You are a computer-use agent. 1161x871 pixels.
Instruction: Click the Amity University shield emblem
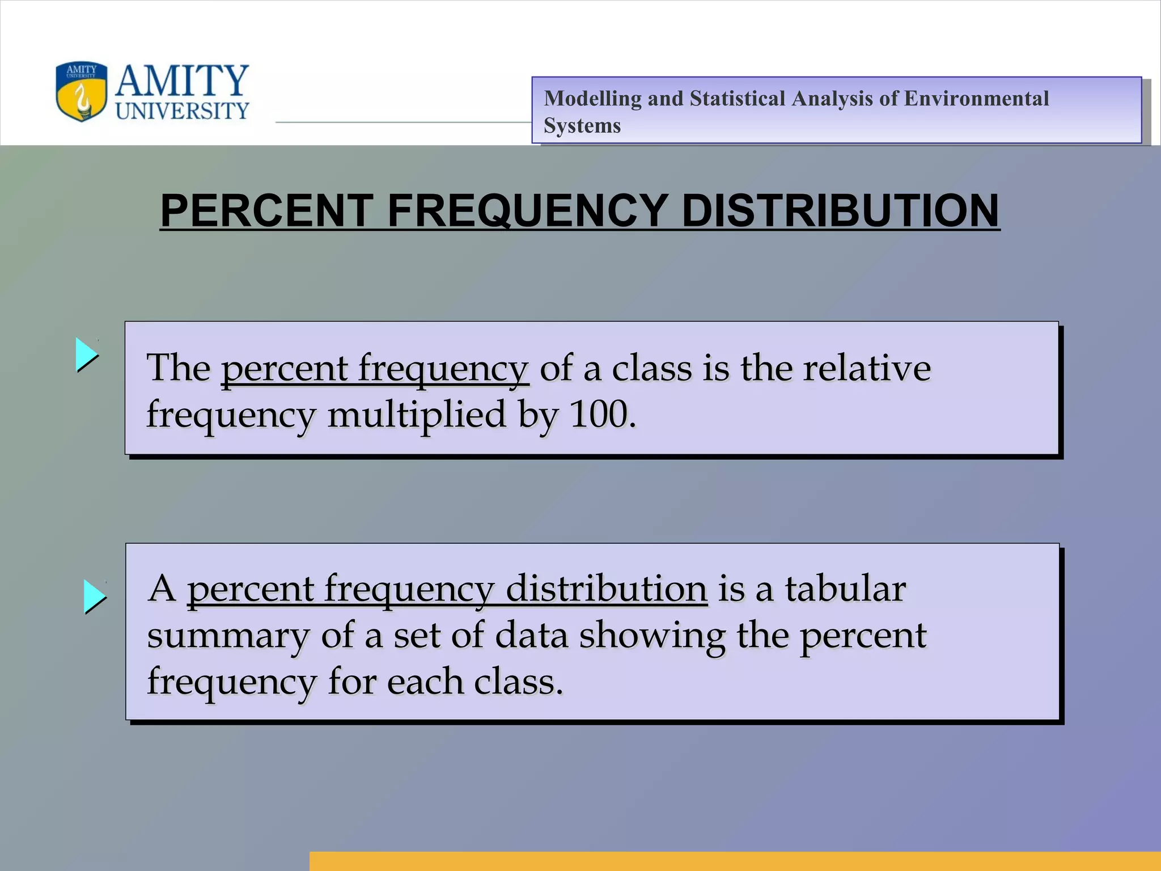point(82,91)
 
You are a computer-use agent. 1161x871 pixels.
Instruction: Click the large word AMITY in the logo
point(182,81)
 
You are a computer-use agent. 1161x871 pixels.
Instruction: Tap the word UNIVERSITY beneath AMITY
point(182,111)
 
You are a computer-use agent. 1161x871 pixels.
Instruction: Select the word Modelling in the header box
point(592,99)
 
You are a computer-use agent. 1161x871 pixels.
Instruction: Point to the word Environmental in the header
point(976,99)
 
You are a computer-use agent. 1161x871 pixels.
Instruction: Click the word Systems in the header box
point(582,126)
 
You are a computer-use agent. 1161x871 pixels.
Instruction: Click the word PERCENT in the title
point(267,210)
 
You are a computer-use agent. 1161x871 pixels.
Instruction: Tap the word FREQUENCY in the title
point(528,210)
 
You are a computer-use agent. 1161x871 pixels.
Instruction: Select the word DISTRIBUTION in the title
point(840,210)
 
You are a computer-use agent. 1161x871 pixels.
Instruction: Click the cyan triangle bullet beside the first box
point(86,355)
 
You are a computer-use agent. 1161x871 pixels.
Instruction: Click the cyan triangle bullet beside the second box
point(94,597)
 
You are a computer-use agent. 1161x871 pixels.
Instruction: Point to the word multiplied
point(417,415)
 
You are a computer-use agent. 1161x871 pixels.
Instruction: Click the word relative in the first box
point(867,369)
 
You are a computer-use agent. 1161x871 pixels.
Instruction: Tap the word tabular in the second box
point(845,589)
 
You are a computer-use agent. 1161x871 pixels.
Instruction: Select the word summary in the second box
point(228,636)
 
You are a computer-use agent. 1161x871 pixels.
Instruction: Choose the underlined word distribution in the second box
point(606,589)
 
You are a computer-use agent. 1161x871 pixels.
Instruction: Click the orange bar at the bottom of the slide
point(735,861)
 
